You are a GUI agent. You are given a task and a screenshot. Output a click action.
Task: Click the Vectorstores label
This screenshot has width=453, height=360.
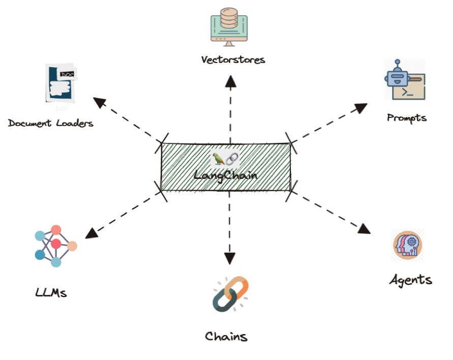[233, 59]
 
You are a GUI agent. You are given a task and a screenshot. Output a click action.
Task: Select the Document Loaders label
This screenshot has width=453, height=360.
[51, 123]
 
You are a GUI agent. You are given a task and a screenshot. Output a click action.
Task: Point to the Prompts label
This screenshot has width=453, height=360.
[407, 118]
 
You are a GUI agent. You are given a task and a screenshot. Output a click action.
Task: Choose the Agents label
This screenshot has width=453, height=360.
[411, 279]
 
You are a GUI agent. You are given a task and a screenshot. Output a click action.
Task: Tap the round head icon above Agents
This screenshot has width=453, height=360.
[408, 245]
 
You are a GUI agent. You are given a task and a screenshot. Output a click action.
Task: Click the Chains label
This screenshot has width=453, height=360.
[226, 336]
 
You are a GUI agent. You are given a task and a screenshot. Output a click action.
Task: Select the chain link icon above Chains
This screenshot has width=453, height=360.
[230, 294]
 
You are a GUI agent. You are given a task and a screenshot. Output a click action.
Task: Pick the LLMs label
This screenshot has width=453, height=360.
[51, 292]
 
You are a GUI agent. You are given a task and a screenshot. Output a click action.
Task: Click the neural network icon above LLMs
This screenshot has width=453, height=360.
[55, 246]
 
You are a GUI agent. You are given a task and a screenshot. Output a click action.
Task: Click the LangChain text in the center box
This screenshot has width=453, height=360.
[226, 175]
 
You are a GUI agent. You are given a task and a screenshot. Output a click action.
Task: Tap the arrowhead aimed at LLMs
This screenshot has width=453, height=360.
[92, 233]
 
